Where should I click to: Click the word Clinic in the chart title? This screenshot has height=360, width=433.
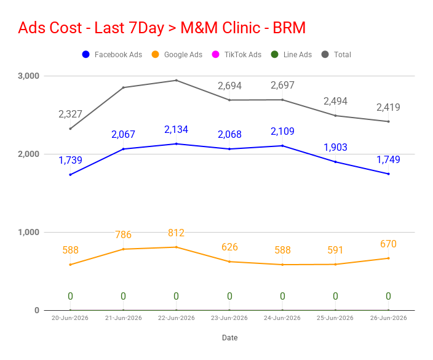tap(241, 28)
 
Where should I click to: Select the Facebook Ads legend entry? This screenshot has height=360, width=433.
tap(112, 54)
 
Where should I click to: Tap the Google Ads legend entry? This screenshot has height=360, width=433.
tap(177, 54)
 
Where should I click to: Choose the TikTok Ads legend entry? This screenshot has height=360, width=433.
tap(237, 54)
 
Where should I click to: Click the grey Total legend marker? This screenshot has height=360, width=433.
tap(325, 54)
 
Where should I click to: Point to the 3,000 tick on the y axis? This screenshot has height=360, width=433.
tap(28, 76)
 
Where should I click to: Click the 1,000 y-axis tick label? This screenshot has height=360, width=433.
tap(28, 232)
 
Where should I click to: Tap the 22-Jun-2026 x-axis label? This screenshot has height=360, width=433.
tap(176, 318)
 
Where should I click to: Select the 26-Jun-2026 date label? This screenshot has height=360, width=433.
tap(388, 318)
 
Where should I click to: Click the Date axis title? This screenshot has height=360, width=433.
tap(230, 338)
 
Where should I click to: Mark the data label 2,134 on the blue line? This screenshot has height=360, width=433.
tap(176, 129)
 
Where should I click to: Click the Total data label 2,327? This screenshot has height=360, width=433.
tap(70, 114)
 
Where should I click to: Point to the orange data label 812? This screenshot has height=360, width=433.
tap(176, 233)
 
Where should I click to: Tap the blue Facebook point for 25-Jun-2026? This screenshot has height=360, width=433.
tap(336, 162)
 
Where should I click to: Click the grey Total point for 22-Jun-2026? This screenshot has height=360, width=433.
tap(177, 81)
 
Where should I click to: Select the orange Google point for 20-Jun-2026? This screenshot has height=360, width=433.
tap(70, 265)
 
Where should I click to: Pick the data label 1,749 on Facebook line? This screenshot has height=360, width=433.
tap(388, 159)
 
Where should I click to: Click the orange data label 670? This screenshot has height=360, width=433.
tap(388, 244)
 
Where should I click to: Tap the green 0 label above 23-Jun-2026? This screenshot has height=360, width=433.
tap(229, 296)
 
